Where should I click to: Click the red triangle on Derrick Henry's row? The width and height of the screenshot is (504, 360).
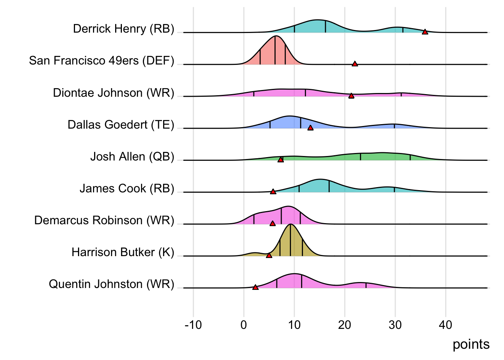pyautogui.click(x=425, y=32)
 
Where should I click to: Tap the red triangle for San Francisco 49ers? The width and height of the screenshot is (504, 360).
pyautogui.click(x=355, y=64)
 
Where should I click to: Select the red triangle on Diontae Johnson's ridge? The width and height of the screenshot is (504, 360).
pyautogui.click(x=351, y=96)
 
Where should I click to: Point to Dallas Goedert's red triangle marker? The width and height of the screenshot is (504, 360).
pyautogui.click(x=310, y=128)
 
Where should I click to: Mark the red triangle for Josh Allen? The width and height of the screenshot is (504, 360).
pyautogui.click(x=280, y=160)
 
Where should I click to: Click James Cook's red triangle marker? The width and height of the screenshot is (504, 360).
pyautogui.click(x=273, y=192)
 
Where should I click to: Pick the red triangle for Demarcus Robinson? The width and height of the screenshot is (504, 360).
pyautogui.click(x=272, y=223)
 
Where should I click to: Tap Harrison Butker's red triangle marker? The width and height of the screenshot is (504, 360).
pyautogui.click(x=269, y=255)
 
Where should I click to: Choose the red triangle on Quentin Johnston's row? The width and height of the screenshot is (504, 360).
pyautogui.click(x=255, y=287)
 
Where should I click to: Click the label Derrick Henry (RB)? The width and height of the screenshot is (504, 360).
pyautogui.click(x=123, y=29)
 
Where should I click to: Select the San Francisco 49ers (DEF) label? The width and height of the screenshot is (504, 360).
pyautogui.click(x=102, y=61)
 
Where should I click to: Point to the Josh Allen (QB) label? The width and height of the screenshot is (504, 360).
pyautogui.click(x=132, y=157)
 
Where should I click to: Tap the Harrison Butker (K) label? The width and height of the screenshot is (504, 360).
pyautogui.click(x=123, y=252)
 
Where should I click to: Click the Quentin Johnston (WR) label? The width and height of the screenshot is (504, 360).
pyautogui.click(x=111, y=284)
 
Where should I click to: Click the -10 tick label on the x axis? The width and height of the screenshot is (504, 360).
pyautogui.click(x=193, y=325)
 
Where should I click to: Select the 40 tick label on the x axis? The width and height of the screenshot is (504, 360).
pyautogui.click(x=445, y=325)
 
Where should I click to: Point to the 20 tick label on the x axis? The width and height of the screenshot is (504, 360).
pyautogui.click(x=345, y=325)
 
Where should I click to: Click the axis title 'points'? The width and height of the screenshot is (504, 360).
pyautogui.click(x=471, y=344)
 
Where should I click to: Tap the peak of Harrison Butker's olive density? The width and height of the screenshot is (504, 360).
pyautogui.click(x=290, y=224)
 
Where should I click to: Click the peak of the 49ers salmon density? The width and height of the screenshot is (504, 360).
pyautogui.click(x=276, y=36)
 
